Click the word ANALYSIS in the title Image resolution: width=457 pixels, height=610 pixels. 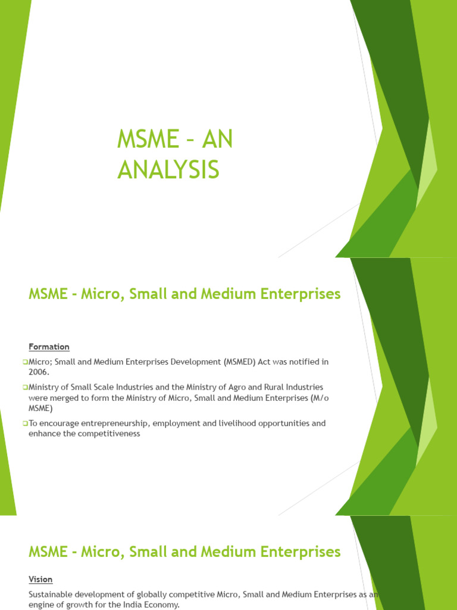(x=168, y=169)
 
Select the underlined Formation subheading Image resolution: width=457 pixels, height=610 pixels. (x=49, y=347)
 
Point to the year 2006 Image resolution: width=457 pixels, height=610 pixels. (x=39, y=372)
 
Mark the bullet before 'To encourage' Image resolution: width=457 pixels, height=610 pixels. (x=26, y=424)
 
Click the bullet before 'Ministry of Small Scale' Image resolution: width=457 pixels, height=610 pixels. (x=26, y=387)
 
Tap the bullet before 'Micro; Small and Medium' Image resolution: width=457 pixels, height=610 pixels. (x=26, y=362)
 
